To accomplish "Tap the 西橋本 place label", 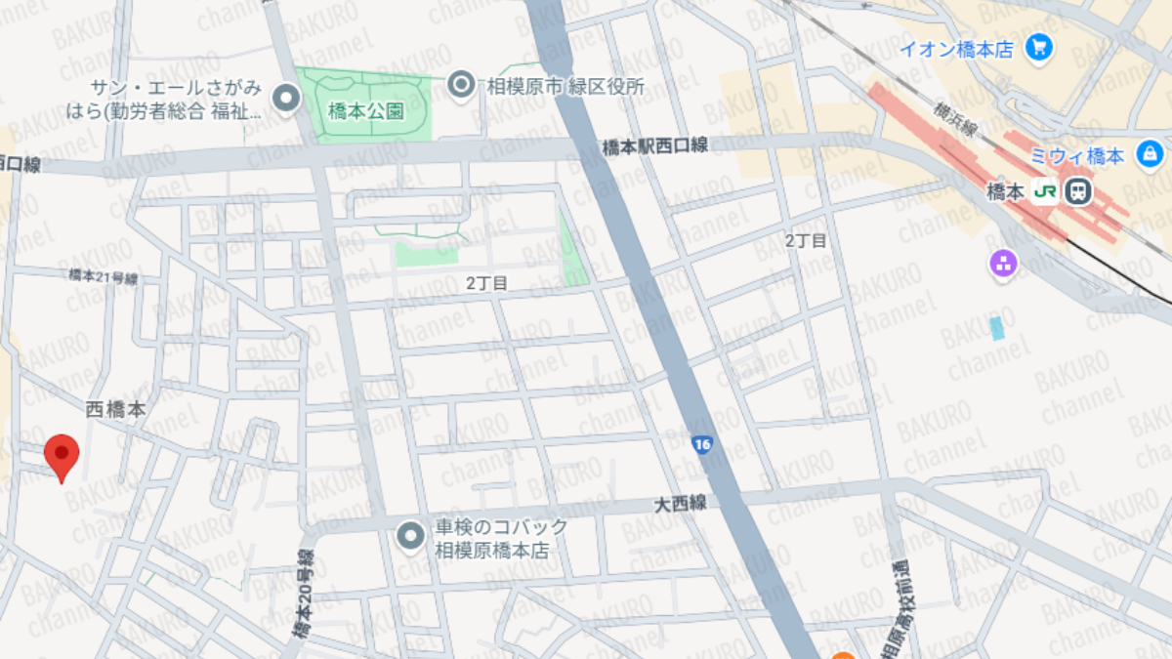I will click(115, 410).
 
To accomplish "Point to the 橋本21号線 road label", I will click(104, 277).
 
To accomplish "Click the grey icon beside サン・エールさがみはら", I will click(286, 98).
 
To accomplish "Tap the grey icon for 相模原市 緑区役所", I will click(461, 86).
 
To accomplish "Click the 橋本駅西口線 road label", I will click(654, 146).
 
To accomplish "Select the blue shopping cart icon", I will click(1039, 46).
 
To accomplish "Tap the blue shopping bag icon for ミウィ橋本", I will click(1150, 153).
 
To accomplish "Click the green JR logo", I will click(1044, 191).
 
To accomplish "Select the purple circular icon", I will click(1003, 262).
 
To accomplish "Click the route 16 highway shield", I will click(702, 444).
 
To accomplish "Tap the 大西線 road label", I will click(680, 504).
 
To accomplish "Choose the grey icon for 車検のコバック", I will click(411, 535).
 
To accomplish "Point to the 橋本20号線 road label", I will click(304, 597).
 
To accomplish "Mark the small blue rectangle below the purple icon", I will click(996, 327).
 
